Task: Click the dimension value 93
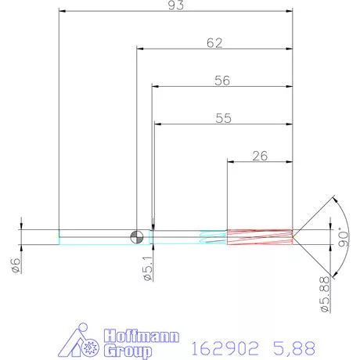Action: click(x=175, y=6)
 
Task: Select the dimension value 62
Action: click(x=214, y=43)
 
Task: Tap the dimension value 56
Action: click(x=222, y=80)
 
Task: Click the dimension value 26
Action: click(x=261, y=155)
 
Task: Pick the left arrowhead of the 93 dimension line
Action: click(x=63, y=12)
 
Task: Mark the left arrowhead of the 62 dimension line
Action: click(x=141, y=49)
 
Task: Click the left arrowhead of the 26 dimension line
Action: click(x=231, y=161)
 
